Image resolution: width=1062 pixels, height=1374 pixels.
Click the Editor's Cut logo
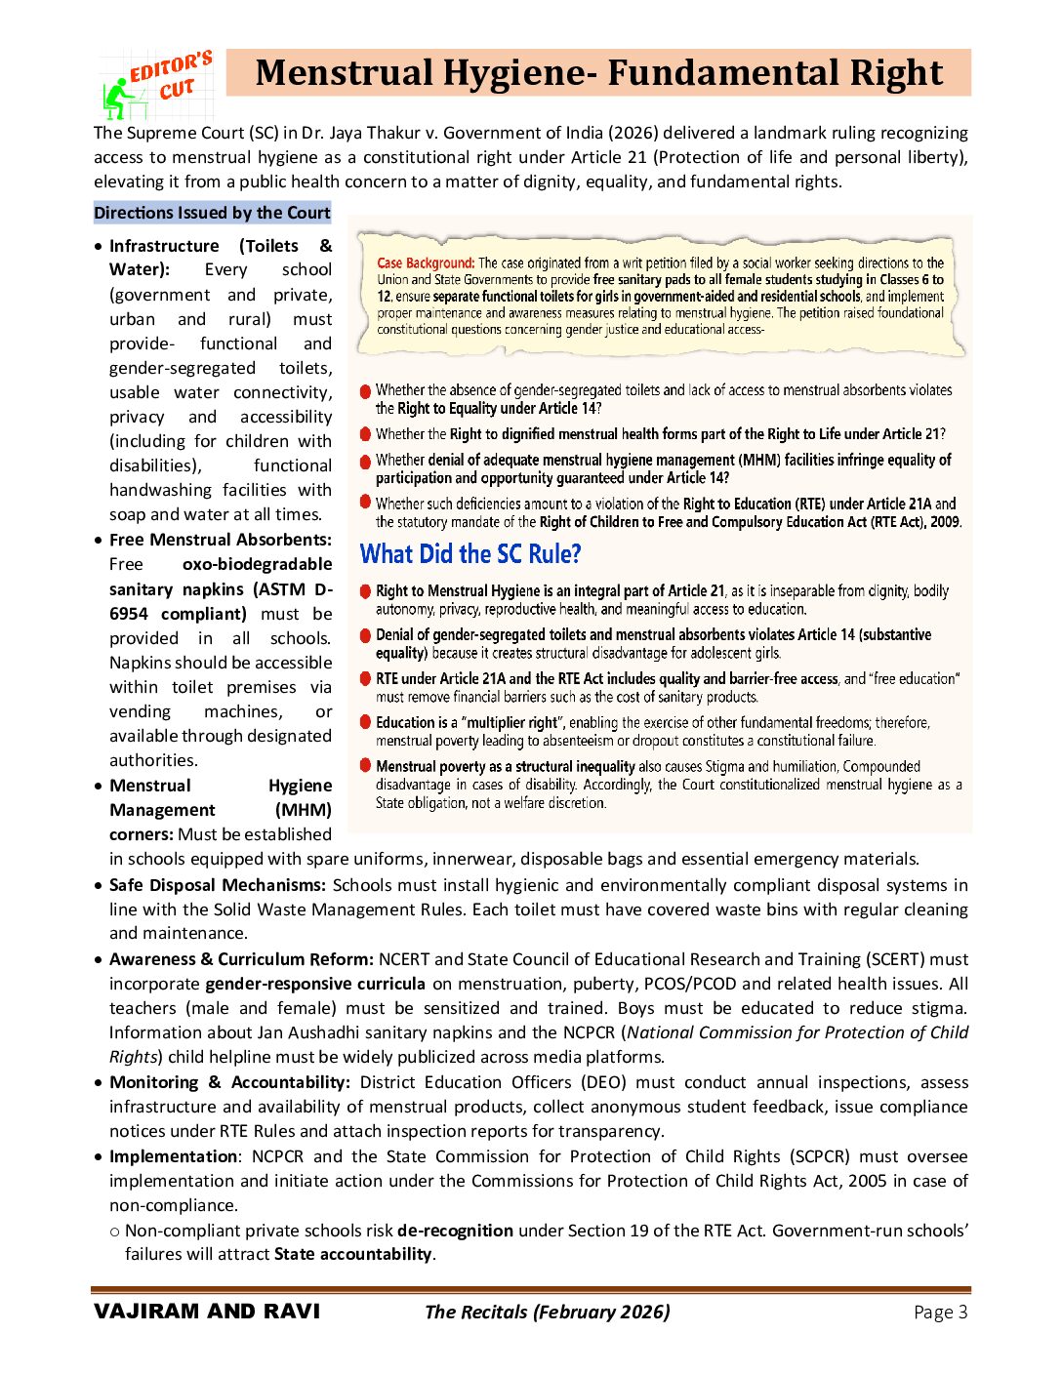[x=157, y=85]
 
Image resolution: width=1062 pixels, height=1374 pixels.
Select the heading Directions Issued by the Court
[x=212, y=213]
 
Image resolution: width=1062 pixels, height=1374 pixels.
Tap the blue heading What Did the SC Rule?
[x=470, y=554]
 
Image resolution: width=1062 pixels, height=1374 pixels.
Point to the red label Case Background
[x=426, y=263]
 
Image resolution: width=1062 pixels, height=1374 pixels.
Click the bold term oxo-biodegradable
[x=257, y=564]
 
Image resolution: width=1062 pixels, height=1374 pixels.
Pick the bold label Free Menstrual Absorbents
[x=221, y=540]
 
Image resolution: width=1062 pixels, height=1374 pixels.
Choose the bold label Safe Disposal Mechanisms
[x=217, y=885]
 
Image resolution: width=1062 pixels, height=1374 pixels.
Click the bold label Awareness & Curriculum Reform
[x=241, y=959]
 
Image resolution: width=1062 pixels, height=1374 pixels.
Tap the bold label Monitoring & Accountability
[x=229, y=1082]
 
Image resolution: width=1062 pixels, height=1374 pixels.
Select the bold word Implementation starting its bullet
[x=173, y=1156]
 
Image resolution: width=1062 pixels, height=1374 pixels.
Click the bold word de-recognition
[x=455, y=1231]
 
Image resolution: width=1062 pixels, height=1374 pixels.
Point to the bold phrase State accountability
[x=352, y=1254]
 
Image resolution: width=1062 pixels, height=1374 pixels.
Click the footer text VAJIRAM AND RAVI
[x=207, y=1312]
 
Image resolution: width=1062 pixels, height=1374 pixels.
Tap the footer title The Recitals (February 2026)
[x=547, y=1312]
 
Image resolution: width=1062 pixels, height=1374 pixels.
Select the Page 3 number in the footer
[x=940, y=1313]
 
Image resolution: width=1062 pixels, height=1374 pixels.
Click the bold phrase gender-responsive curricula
[x=315, y=984]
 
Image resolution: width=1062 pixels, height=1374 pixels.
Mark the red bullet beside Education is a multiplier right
[x=365, y=722]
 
